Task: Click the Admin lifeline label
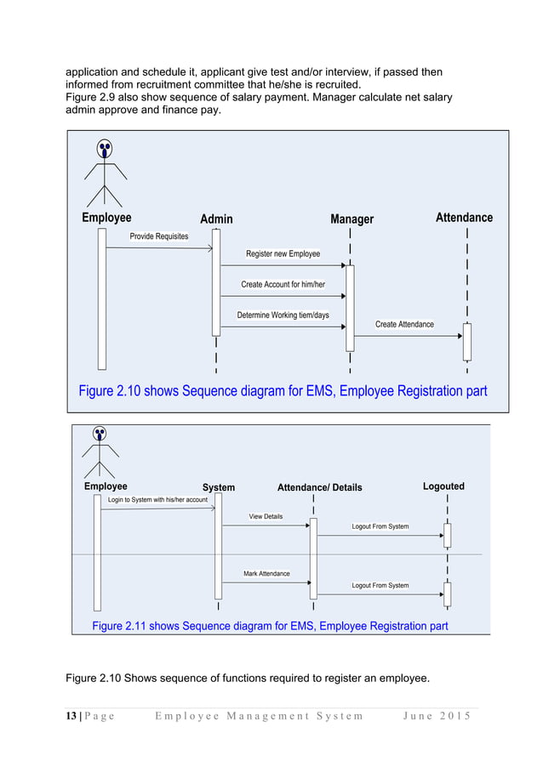point(216,219)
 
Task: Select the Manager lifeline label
point(352,219)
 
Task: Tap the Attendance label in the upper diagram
point(464,218)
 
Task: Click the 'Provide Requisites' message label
point(159,236)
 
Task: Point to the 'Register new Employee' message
point(283,254)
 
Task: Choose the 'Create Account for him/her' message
point(283,285)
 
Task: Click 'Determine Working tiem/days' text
point(283,315)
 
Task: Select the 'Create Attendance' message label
point(404,324)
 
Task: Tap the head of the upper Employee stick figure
point(105,150)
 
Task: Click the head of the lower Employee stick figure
point(100,435)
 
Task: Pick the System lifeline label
point(219,488)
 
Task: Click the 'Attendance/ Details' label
point(319,488)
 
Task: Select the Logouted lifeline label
point(443,486)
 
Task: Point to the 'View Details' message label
point(266,517)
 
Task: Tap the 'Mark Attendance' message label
point(266,574)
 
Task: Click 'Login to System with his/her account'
point(157,500)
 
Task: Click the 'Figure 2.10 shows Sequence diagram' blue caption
point(283,391)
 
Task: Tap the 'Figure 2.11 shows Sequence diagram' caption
point(270,626)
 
